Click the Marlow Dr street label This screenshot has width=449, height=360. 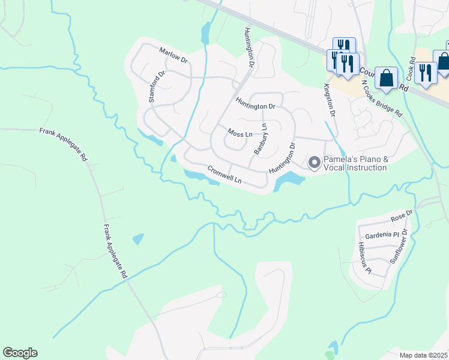click(173, 56)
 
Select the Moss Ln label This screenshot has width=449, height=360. click(239, 132)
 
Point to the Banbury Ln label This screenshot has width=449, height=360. click(260, 139)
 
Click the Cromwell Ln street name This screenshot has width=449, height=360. click(224, 175)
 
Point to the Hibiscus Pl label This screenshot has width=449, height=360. click(365, 258)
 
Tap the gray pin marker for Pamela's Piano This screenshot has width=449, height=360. click(314, 162)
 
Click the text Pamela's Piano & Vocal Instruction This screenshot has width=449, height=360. click(355, 163)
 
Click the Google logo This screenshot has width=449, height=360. click(20, 353)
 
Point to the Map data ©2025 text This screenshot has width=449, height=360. click(424, 355)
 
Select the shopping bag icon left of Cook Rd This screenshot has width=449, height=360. click(387, 77)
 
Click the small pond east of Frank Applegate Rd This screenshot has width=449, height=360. click(138, 239)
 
